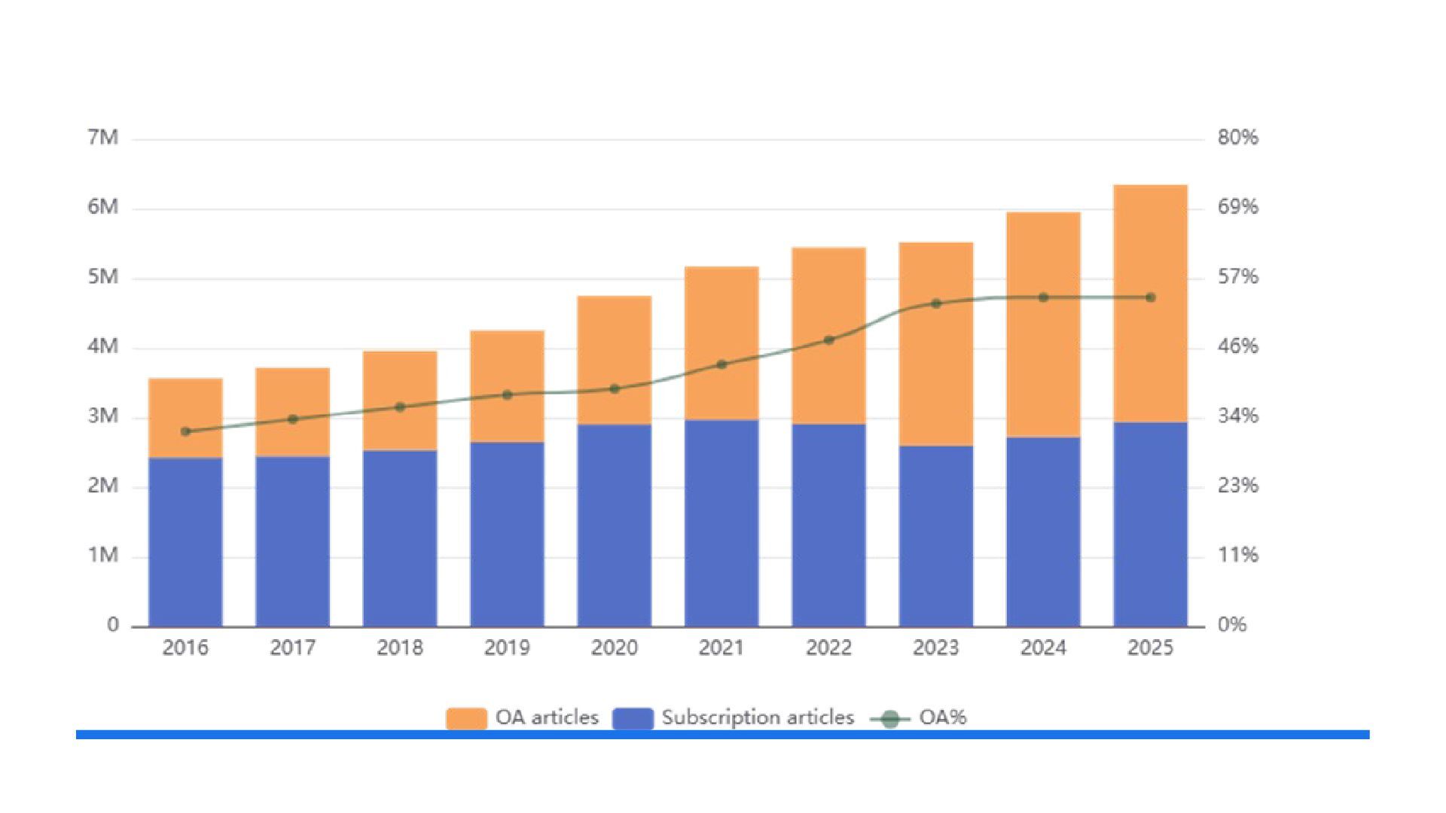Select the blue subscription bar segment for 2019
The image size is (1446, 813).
(x=507, y=534)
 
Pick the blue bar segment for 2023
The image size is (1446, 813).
(x=936, y=536)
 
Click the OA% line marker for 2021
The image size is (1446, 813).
(x=721, y=364)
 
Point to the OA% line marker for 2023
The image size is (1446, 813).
(x=936, y=303)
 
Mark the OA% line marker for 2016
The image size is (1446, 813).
(x=186, y=431)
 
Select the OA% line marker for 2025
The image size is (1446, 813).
(x=1151, y=297)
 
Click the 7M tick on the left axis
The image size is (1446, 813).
(x=103, y=137)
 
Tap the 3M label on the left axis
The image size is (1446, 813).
(x=103, y=416)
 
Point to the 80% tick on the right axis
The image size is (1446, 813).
(x=1238, y=137)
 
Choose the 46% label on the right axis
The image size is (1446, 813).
(x=1238, y=346)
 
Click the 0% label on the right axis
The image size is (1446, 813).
(x=1232, y=624)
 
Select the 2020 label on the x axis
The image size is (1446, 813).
(x=614, y=647)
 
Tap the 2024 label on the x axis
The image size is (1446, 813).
(x=1043, y=647)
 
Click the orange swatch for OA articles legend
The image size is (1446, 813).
(x=466, y=718)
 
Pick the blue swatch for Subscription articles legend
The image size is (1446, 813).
(x=633, y=718)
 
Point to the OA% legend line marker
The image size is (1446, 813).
(x=890, y=719)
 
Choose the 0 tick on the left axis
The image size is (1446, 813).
(x=113, y=624)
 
